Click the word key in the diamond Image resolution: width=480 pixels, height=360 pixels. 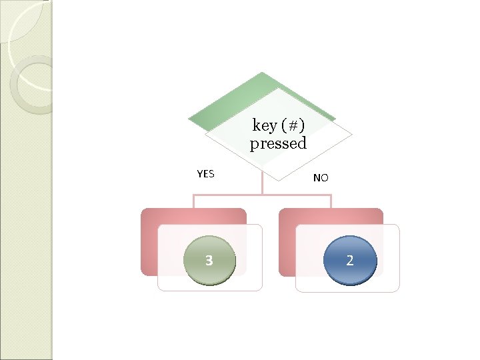click(x=265, y=125)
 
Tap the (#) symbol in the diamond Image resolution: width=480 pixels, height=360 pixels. click(x=293, y=125)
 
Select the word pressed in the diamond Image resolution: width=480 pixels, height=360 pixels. click(x=278, y=143)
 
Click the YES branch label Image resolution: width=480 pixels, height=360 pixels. click(x=206, y=174)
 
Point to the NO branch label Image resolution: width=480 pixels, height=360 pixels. click(x=321, y=178)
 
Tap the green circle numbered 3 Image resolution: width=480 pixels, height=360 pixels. click(x=209, y=260)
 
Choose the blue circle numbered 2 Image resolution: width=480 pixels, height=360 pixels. click(x=350, y=260)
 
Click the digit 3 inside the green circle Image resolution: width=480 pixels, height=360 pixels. click(x=209, y=261)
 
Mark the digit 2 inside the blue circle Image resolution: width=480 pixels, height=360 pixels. click(x=350, y=261)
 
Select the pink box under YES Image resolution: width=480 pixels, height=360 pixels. click(x=193, y=216)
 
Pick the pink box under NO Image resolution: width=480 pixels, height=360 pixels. click(x=331, y=216)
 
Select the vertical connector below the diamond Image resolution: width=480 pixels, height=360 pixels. click(x=263, y=185)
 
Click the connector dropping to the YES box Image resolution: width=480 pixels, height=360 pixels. click(x=193, y=201)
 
